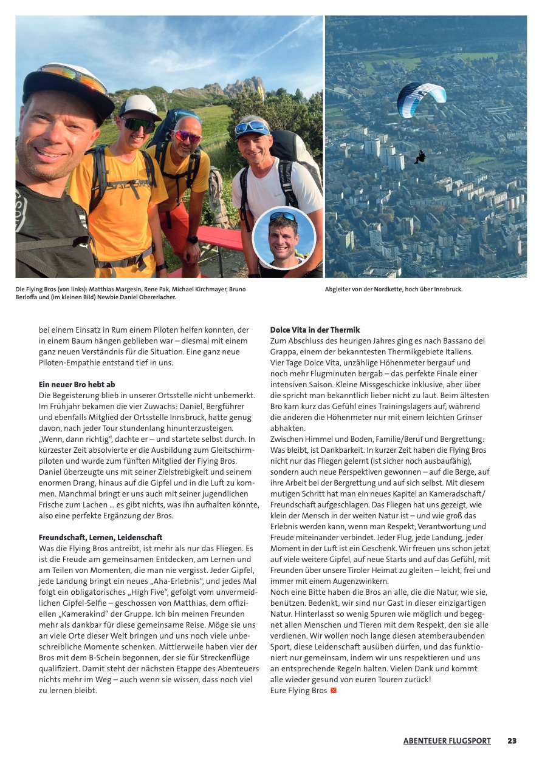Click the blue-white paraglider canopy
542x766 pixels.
click(x=421, y=98)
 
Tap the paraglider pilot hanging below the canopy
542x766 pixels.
click(x=419, y=157)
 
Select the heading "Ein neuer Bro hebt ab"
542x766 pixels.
click(x=77, y=384)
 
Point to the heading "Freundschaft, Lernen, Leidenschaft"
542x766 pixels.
click(x=100, y=537)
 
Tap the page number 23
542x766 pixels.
click(x=512, y=741)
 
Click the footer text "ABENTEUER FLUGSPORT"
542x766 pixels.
click(x=447, y=741)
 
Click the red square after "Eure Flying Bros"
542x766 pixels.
click(x=333, y=690)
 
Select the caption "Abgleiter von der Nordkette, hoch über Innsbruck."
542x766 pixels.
click(x=394, y=289)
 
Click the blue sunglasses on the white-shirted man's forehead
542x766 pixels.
click(x=251, y=127)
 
